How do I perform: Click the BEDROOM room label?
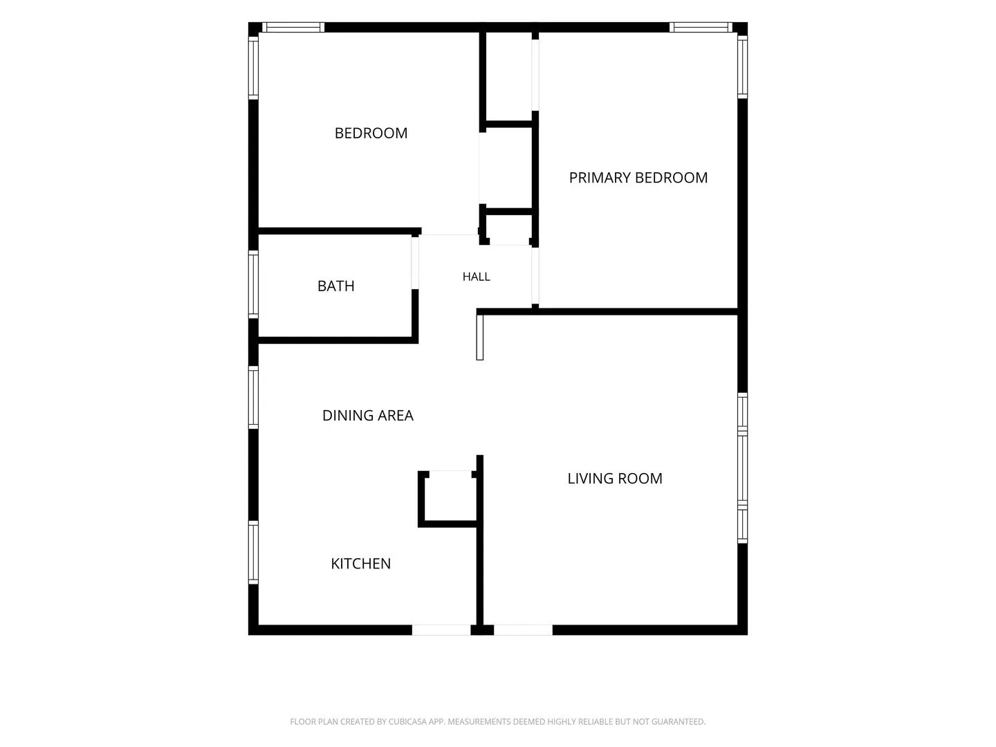[x=371, y=133]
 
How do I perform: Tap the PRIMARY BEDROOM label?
[x=638, y=177]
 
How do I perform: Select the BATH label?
[x=335, y=286]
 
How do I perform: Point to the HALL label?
[x=476, y=277]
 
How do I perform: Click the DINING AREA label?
[x=367, y=416]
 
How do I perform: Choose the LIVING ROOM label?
[x=615, y=478]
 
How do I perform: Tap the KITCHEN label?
[x=361, y=563]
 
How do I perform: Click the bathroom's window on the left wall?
[x=253, y=284]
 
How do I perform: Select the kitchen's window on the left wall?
[x=253, y=553]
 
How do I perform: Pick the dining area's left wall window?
[x=253, y=397]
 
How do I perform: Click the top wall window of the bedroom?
[x=293, y=27]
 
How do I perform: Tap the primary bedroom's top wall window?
[x=701, y=27]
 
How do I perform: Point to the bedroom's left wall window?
[x=253, y=68]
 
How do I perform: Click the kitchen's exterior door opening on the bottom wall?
[x=441, y=630]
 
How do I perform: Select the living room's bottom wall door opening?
[x=523, y=630]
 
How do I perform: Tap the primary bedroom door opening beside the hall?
[x=535, y=276]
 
